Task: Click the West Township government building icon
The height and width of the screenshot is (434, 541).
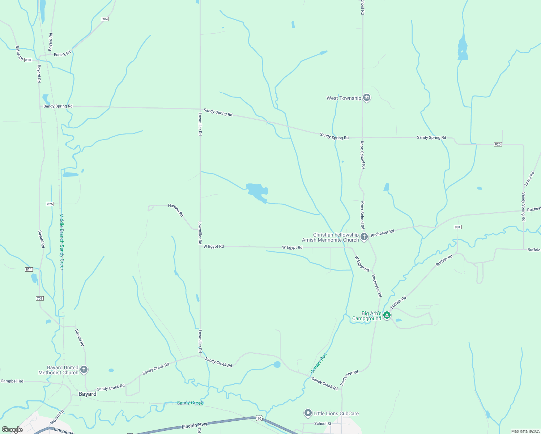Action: (367, 98)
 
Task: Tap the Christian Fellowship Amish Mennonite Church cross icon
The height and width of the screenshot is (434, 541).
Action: (364, 237)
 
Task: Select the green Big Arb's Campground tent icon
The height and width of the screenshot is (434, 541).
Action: (387, 315)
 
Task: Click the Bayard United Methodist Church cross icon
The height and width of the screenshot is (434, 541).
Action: (84, 370)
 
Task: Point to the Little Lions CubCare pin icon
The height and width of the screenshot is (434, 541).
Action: (308, 413)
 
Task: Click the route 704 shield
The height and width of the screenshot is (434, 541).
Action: (105, 19)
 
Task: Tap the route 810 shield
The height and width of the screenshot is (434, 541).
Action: (28, 60)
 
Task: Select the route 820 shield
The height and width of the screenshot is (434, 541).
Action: (498, 144)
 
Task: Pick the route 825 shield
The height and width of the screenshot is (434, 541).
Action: (50, 204)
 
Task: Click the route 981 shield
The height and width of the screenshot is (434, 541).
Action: (457, 227)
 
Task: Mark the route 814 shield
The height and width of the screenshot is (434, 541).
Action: (29, 269)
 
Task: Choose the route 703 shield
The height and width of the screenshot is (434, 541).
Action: (39, 298)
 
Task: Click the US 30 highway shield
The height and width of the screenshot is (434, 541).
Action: (259, 418)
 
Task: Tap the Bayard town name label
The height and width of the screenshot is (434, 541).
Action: (88, 394)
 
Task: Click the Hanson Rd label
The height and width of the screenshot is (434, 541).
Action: (176, 210)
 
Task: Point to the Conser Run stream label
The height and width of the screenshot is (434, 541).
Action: (319, 363)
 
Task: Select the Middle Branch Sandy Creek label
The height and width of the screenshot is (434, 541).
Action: (62, 242)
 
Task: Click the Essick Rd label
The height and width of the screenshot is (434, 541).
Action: (62, 54)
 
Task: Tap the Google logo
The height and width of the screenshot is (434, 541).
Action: (12, 430)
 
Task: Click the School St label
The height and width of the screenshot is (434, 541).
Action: (323, 424)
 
